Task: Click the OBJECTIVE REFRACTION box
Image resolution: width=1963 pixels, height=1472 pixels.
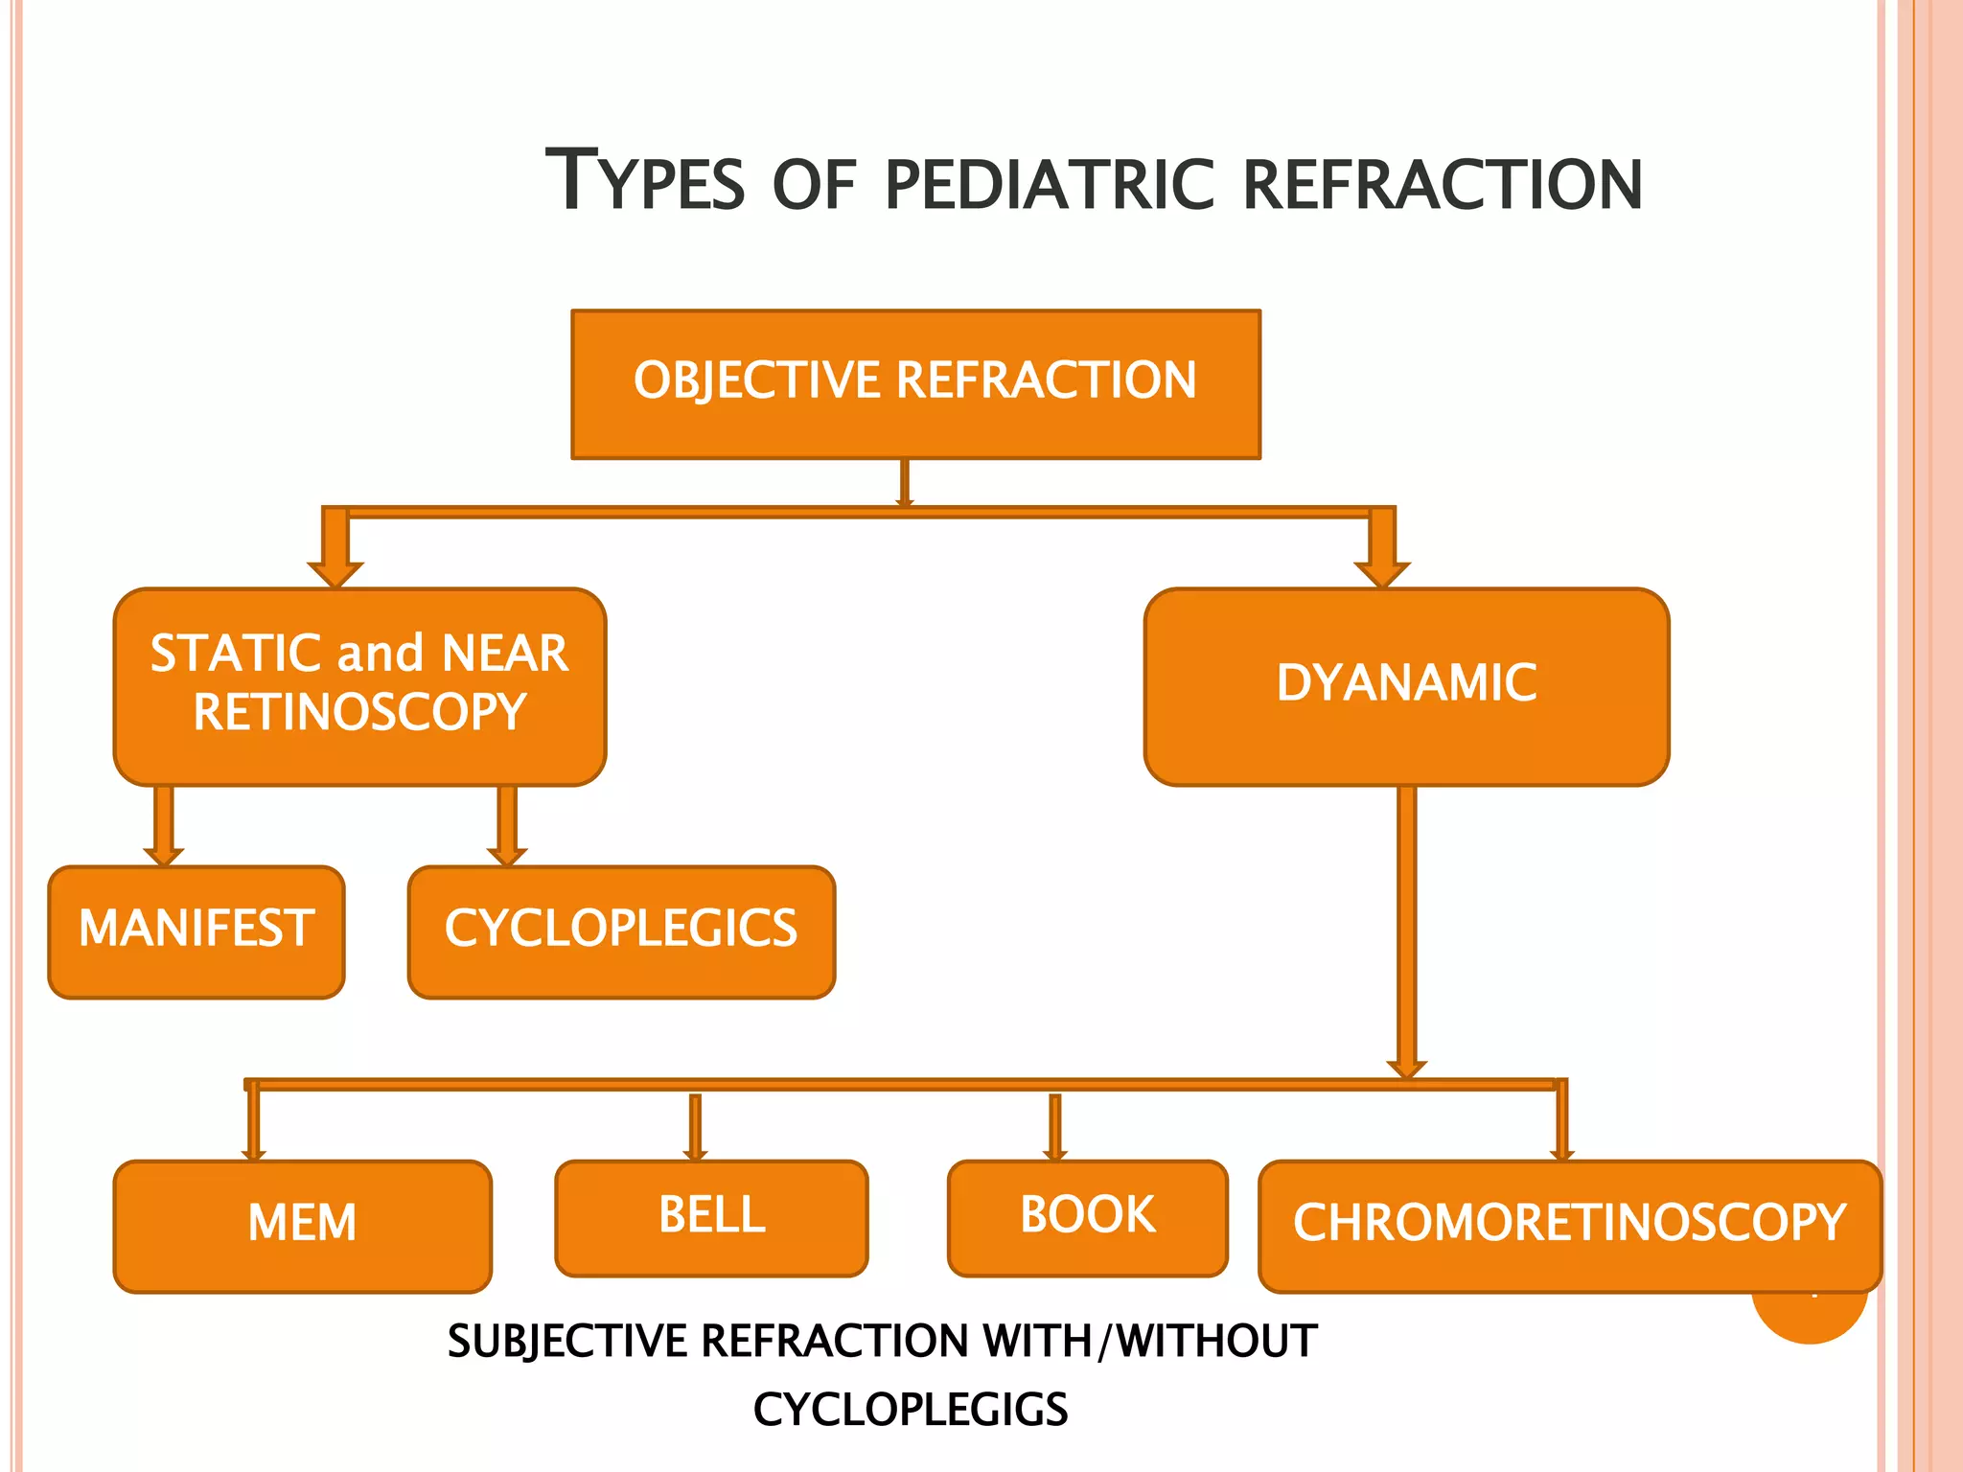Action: click(915, 383)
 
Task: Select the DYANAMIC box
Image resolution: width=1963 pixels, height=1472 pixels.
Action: click(1406, 686)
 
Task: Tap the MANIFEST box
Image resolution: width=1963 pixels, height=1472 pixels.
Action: click(196, 931)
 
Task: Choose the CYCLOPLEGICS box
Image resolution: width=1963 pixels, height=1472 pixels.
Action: click(621, 931)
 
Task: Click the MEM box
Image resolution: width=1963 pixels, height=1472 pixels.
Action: click(302, 1226)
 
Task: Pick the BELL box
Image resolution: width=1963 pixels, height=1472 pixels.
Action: click(711, 1217)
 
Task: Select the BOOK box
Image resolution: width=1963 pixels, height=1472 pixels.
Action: click(1087, 1217)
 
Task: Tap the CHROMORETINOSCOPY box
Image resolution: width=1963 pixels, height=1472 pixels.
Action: click(1569, 1226)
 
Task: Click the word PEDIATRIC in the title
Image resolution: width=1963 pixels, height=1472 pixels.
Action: click(1050, 185)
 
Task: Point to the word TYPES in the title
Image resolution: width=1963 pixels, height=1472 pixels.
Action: click(644, 181)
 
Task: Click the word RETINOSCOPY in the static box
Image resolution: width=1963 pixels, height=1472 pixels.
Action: click(359, 713)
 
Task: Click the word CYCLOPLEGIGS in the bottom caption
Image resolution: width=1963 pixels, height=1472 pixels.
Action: click(910, 1410)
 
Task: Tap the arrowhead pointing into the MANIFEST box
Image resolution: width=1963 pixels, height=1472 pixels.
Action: click(164, 855)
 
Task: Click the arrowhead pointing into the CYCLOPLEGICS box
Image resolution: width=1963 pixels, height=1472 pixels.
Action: click(507, 855)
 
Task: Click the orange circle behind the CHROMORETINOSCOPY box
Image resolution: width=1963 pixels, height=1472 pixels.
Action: click(1810, 1318)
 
